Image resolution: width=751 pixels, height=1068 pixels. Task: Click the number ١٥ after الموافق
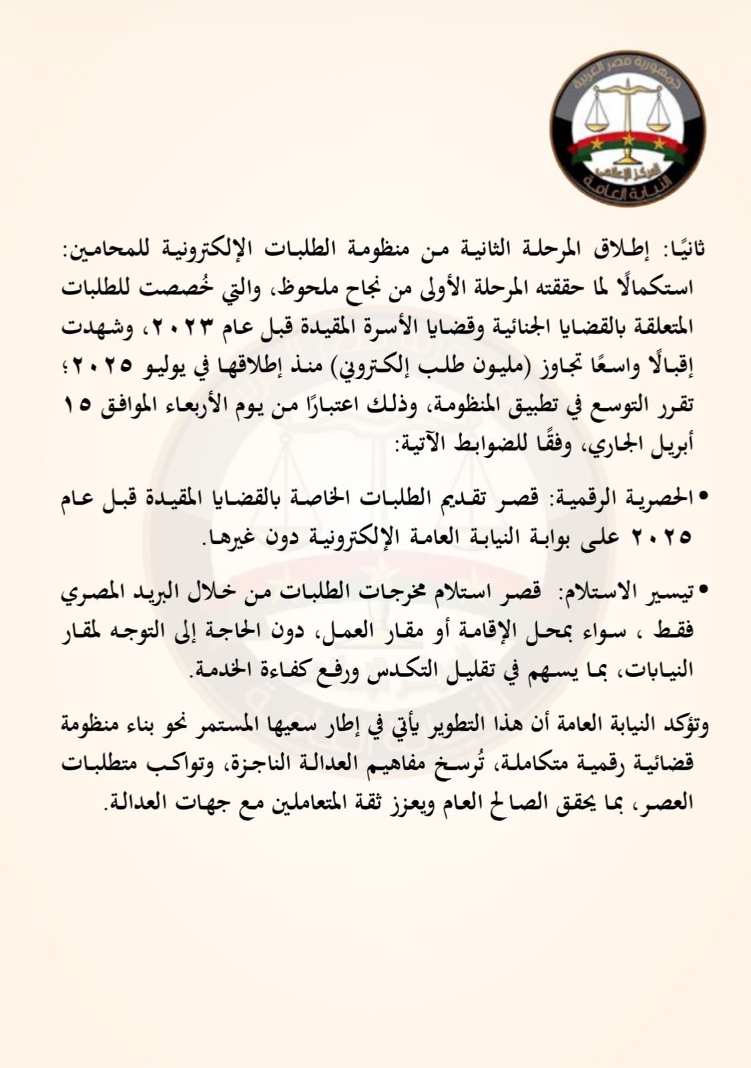pos(79,406)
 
